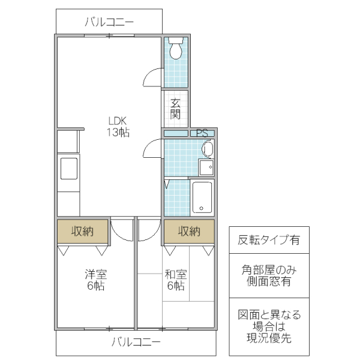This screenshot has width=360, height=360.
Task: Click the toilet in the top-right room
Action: click(176, 49)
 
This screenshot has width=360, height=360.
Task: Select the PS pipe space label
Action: click(202, 133)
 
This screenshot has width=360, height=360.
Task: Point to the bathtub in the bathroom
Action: click(202, 196)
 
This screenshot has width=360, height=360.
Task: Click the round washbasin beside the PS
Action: click(208, 149)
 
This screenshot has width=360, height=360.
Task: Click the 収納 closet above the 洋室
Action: click(83, 231)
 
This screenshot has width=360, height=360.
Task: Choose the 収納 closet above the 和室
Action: click(189, 231)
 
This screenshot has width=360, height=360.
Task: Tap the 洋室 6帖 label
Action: click(95, 280)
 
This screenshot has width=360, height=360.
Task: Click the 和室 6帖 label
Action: click(176, 280)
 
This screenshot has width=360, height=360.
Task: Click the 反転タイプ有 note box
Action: click(269, 241)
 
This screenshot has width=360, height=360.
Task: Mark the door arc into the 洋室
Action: click(122, 230)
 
